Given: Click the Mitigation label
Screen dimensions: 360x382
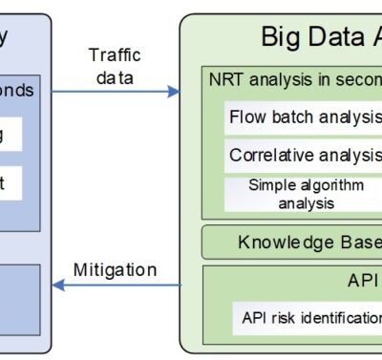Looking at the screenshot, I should pyautogui.click(x=115, y=269).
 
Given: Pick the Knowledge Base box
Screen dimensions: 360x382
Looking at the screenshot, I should pyautogui.click(x=291, y=243).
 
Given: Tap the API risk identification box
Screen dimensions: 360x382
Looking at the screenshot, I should pyautogui.click(x=306, y=317).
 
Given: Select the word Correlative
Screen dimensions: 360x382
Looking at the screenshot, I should pyautogui.click(x=267, y=155).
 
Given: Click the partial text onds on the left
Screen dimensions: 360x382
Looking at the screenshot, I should pyautogui.click(x=16, y=90).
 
